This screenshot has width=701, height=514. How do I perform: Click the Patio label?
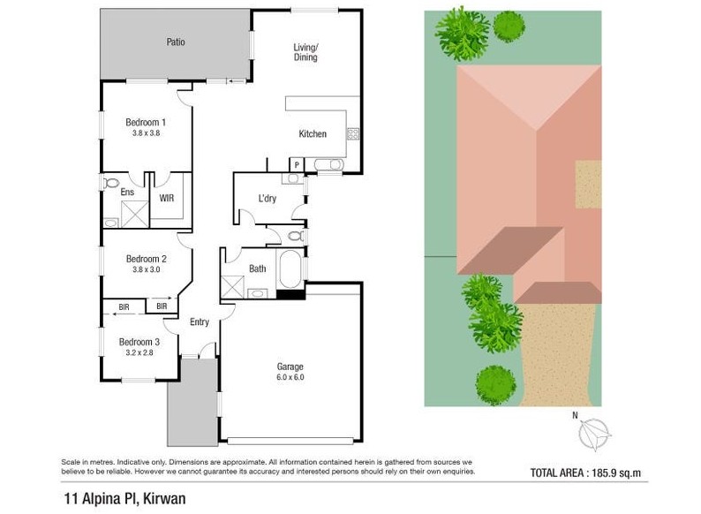point(175,42)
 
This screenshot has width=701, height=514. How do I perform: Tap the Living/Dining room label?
point(305,52)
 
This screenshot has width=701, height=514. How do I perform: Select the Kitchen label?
point(313,133)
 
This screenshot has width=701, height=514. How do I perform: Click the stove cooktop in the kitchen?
point(353,133)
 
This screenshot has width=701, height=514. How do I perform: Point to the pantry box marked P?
point(297,165)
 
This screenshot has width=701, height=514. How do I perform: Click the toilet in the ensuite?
point(110,183)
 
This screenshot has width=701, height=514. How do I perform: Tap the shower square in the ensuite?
point(134,214)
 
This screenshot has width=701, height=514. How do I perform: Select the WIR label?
point(166,198)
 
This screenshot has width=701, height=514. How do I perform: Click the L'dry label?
point(268,198)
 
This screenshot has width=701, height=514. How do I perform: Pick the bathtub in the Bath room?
point(290,268)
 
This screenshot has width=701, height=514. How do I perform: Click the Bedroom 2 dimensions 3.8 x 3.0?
point(147,269)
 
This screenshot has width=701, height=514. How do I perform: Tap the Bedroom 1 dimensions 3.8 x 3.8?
point(147,132)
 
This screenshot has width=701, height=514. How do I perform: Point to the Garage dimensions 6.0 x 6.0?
point(290,377)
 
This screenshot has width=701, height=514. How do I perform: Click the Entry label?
point(200,322)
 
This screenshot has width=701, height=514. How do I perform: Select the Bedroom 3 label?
point(139,342)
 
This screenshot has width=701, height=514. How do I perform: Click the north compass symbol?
point(594,434)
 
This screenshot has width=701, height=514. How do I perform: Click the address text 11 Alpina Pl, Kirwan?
point(125,499)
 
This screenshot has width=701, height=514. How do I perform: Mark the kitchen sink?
point(329,164)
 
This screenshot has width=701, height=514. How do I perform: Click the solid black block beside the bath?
point(290,294)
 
